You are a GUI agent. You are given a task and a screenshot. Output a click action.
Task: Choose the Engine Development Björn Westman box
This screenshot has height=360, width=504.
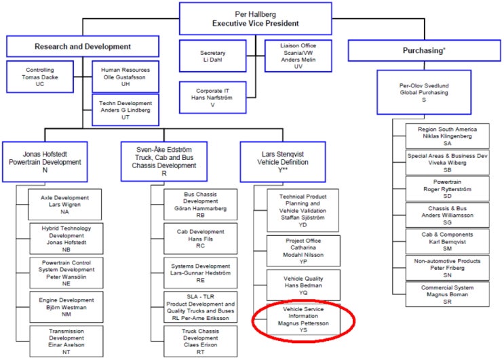(66, 307)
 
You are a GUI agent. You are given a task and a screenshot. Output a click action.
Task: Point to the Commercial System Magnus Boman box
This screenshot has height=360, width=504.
(448, 294)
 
